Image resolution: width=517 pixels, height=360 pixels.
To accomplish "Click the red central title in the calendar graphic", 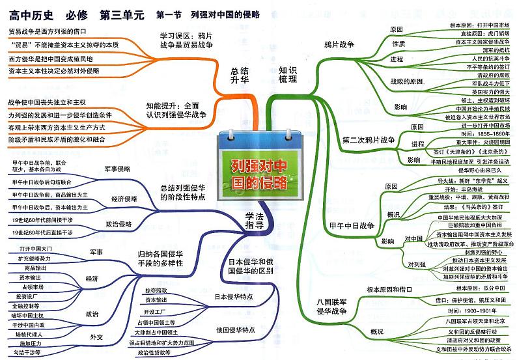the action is click(259, 174).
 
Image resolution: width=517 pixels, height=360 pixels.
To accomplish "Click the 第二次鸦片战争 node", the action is click(369, 140).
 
